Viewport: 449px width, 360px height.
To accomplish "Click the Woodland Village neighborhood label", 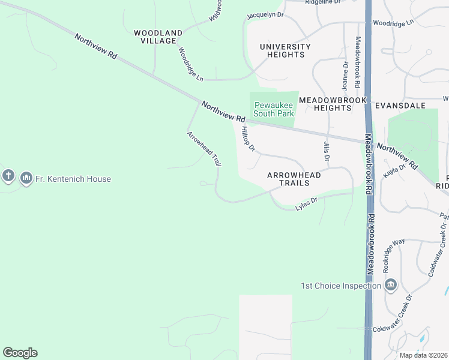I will (158, 37).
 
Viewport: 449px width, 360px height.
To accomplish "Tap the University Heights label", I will (285, 50).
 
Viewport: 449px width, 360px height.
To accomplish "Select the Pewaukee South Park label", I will (274, 109).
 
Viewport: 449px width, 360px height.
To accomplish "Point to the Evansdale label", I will (400, 105).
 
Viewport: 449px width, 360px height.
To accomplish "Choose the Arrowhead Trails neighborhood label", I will (294, 178).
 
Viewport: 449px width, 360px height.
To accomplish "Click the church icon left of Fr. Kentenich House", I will (8, 176).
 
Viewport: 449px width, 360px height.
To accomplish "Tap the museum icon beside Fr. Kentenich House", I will (26, 178).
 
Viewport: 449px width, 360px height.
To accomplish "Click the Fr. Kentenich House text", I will (73, 179).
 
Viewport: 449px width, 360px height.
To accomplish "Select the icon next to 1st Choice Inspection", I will (391, 284).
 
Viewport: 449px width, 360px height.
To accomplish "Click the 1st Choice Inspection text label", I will (341, 286).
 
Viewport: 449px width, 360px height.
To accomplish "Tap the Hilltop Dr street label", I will (248, 139).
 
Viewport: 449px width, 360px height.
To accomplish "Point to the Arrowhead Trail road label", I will (205, 148).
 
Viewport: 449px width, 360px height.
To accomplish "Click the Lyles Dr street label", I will (306, 205).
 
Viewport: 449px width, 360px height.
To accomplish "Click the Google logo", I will (20, 353).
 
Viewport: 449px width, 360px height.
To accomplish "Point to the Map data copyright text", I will (423, 355).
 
